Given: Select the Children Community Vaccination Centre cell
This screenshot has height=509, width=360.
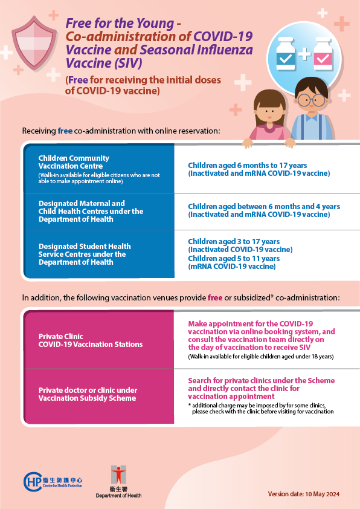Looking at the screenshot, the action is click(x=99, y=168).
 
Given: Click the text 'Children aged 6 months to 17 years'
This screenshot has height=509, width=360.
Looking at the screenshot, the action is click(x=247, y=165).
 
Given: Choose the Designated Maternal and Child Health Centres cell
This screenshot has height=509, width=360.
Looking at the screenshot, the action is click(x=99, y=211).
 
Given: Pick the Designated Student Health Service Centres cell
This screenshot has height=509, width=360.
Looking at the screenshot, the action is click(x=99, y=254).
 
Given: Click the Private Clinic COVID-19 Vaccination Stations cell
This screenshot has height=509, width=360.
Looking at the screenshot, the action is click(x=99, y=340).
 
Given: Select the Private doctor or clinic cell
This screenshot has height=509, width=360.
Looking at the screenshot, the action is click(x=99, y=394).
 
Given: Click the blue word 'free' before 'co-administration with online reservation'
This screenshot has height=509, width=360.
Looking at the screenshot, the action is click(x=65, y=131).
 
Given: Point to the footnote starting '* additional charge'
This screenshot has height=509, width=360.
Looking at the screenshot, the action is click(x=260, y=407).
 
